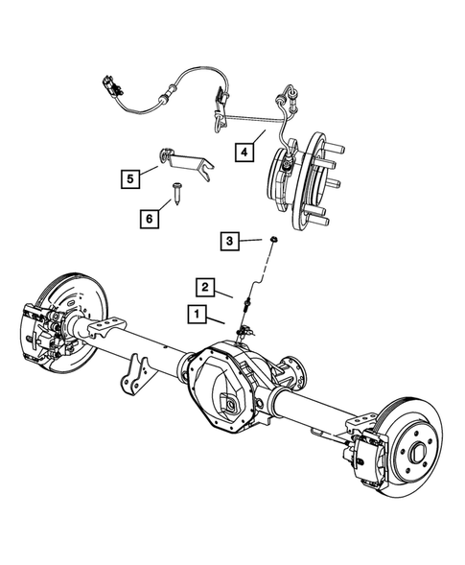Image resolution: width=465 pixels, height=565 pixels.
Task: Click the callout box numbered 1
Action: tap(196, 314)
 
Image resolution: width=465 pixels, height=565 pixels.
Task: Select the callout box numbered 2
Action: tap(205, 286)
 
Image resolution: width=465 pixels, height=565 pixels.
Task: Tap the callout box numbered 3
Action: tap(229, 240)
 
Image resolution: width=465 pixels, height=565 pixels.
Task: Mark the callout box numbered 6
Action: tap(149, 219)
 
